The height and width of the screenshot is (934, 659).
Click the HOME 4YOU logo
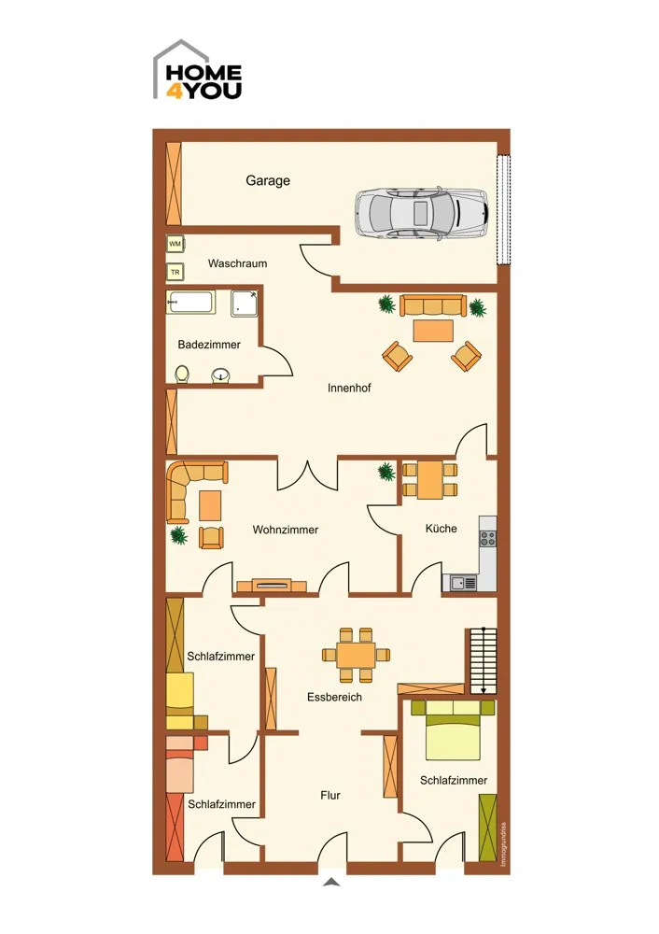[x=198, y=70]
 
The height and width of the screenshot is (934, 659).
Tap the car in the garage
[x=422, y=213]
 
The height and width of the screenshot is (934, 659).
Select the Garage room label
[x=268, y=180]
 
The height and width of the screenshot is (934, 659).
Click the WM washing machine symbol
[x=175, y=244]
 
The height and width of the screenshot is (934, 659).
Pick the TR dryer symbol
[x=175, y=272]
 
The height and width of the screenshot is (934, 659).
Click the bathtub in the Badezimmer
[x=189, y=303]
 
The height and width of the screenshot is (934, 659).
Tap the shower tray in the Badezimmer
[x=245, y=304]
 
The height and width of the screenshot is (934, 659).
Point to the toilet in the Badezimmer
[x=182, y=375]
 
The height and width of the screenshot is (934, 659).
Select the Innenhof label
[x=349, y=388]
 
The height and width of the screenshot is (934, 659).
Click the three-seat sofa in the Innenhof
[x=431, y=305]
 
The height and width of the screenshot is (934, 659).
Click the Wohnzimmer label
[x=285, y=530]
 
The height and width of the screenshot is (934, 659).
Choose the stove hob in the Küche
[x=487, y=539]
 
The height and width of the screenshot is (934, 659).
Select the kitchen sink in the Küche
[x=459, y=583]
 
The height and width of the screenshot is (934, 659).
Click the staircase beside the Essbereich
[x=483, y=660]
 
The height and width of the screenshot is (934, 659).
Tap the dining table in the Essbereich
[x=356, y=656]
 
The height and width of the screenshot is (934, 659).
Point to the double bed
[x=453, y=729]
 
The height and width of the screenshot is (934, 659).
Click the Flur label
[x=330, y=795]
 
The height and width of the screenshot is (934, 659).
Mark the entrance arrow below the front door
[x=331, y=883]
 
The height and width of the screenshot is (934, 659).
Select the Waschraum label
[x=237, y=263]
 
